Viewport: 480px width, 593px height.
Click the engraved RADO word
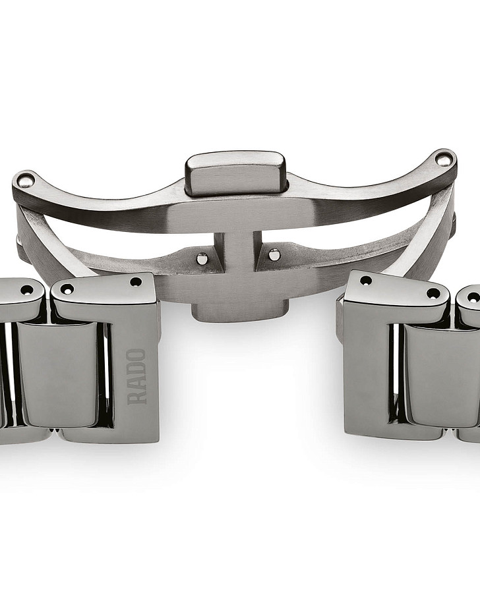point(136,377)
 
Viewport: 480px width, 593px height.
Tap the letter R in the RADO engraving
point(136,398)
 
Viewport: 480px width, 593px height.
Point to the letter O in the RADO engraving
point(136,356)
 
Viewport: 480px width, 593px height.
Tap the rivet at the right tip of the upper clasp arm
point(441,158)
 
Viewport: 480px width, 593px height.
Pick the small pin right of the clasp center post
point(274,255)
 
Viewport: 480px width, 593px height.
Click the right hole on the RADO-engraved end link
point(135,282)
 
